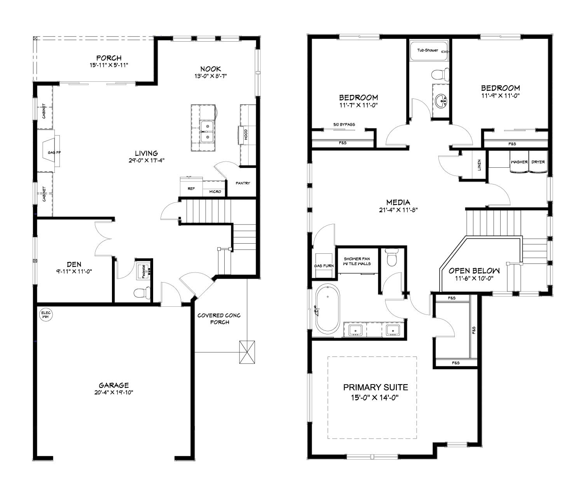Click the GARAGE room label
pyautogui.click(x=113, y=385)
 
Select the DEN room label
pyautogui.click(x=74, y=264)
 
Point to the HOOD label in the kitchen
pyautogui.click(x=246, y=135)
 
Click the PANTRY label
pyautogui.click(x=243, y=183)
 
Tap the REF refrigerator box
pyautogui.click(x=191, y=189)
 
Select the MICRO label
pyautogui.click(x=215, y=191)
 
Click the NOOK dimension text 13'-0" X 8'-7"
pyautogui.click(x=211, y=76)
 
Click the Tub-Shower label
pyautogui.click(x=428, y=50)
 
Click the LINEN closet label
pyautogui.click(x=479, y=165)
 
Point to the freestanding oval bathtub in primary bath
pyautogui.click(x=327, y=309)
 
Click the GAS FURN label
pyautogui.click(x=324, y=266)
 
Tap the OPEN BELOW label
pyautogui.click(x=474, y=271)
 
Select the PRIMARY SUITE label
pyautogui.click(x=375, y=387)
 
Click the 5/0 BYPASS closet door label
pyautogui.click(x=344, y=125)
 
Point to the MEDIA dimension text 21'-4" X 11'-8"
pyautogui.click(x=398, y=209)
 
